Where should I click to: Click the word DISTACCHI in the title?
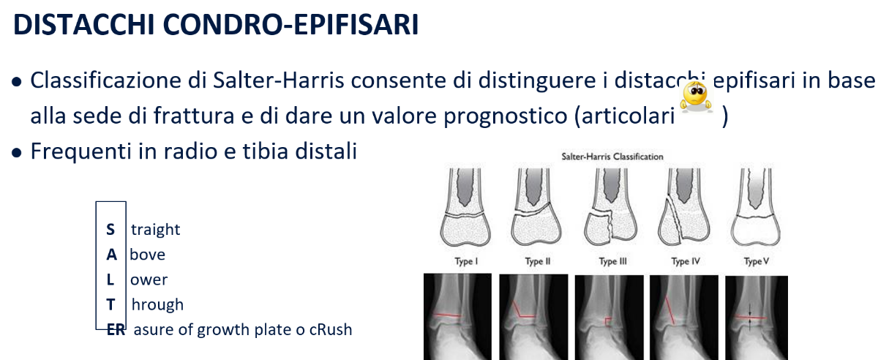84,25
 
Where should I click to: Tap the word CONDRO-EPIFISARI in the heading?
290,25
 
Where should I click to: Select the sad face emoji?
696,97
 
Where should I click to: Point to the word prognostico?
506,116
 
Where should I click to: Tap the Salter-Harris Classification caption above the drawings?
612,157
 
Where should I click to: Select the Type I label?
466,261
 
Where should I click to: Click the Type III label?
612,261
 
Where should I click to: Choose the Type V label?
757,261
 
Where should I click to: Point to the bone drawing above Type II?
536,207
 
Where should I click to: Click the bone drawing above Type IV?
684,207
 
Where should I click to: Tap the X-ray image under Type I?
457,317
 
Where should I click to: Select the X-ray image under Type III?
609,318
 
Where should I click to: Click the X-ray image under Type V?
757,318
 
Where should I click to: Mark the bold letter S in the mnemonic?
110,230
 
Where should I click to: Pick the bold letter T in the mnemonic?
110,304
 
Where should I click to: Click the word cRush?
331,330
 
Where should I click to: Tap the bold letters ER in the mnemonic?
116,330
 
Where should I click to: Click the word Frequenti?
80,151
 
